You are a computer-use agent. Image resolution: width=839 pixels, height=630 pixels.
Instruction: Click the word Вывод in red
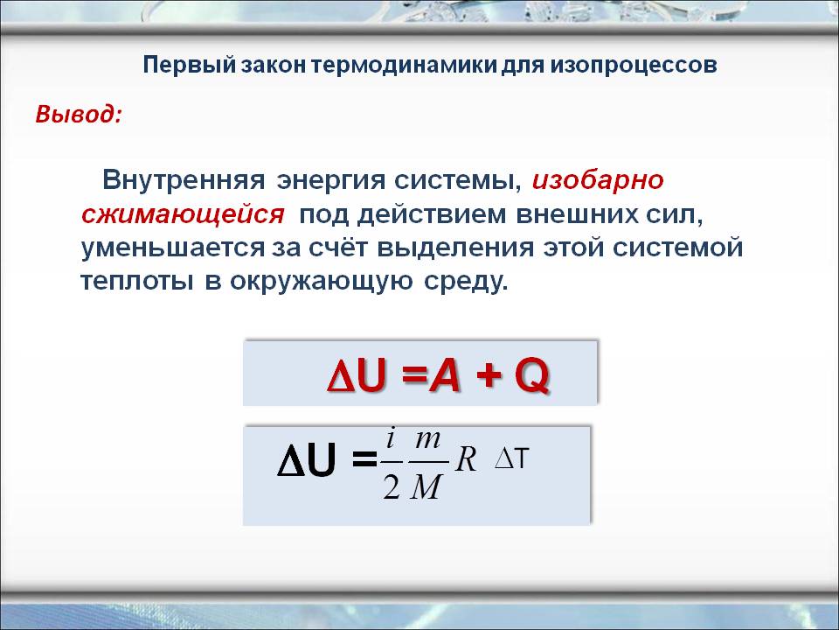coord(78,115)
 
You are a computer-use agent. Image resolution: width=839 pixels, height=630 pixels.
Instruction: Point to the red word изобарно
coord(598,180)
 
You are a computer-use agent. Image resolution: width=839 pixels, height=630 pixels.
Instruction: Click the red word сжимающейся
coord(184,214)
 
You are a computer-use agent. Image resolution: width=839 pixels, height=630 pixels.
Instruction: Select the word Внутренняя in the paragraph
coord(184,180)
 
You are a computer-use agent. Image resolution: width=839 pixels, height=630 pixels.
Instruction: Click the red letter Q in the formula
coord(531,375)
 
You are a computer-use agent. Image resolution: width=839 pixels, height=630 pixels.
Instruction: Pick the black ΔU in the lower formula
coord(306,460)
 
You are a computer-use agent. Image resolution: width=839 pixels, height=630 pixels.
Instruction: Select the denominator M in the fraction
coord(425,486)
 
